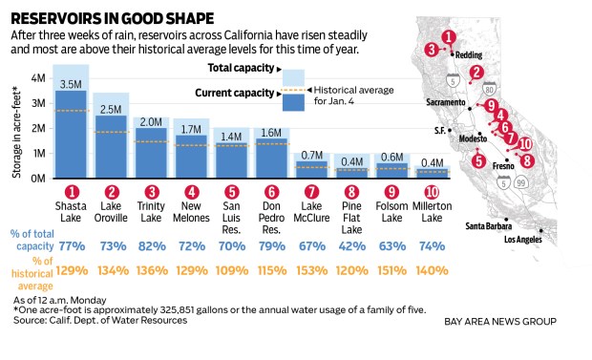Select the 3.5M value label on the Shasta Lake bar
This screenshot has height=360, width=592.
click(x=71, y=84)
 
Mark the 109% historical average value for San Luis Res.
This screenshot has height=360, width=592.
click(x=230, y=270)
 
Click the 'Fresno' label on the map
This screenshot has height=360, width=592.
click(x=505, y=163)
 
